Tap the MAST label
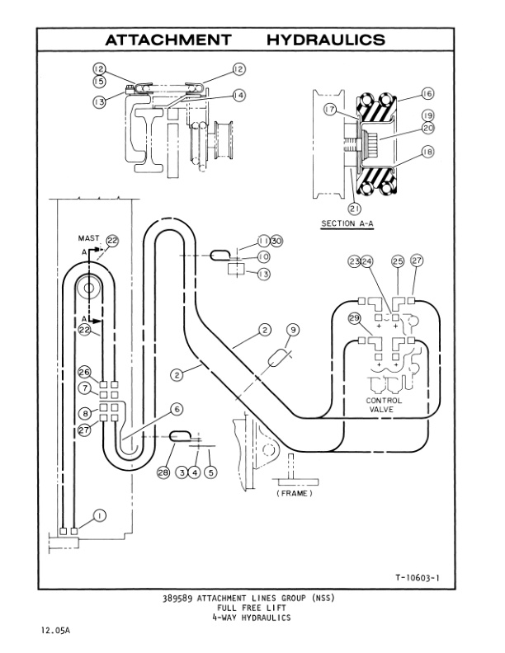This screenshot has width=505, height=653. pos(89,237)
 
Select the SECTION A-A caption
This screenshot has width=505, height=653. pos(349,223)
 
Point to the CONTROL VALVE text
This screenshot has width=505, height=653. pos(384,405)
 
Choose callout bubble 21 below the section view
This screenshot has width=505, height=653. pos(354,208)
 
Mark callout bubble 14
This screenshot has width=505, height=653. pos(238,96)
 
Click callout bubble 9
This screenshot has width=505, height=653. pos(292,331)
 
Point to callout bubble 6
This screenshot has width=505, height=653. pos(176,408)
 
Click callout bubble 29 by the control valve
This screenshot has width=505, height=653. pos(355,317)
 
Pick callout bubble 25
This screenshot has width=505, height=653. pos(397,261)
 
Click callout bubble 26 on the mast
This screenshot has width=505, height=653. pos(84,371)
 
